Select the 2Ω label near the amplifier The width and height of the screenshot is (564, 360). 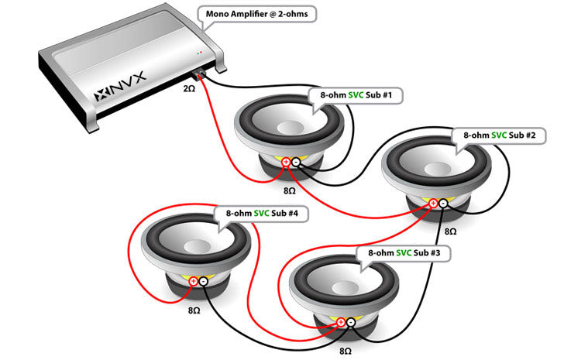[x=190, y=89]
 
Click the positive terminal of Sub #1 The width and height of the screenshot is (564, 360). [x=286, y=162]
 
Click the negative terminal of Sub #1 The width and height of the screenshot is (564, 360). [x=296, y=162]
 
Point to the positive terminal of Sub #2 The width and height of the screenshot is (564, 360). [x=432, y=204]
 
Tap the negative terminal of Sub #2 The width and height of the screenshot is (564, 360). [x=442, y=204]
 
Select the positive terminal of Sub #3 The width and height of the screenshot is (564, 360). [x=341, y=321]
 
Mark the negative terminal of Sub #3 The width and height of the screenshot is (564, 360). [x=351, y=321]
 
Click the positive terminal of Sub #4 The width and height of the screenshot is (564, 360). [x=193, y=281]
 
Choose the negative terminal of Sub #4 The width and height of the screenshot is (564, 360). [x=203, y=281]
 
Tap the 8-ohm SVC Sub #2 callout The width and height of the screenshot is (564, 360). [x=499, y=135]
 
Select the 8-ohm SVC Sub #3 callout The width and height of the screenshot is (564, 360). [x=403, y=253]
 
